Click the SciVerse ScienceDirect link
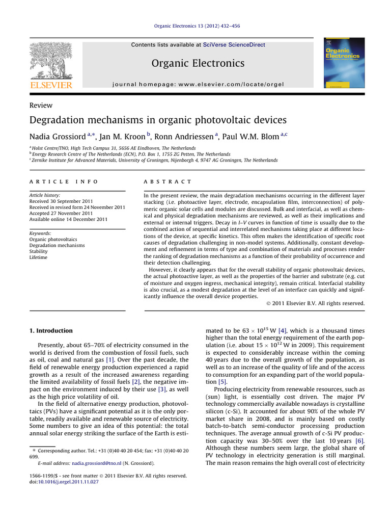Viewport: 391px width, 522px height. [234, 45]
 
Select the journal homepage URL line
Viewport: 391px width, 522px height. [198, 84]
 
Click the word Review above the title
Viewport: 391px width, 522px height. [41, 105]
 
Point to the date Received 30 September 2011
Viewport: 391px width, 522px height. [63, 201]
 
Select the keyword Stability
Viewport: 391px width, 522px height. [38, 251]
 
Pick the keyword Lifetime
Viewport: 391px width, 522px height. [39, 258]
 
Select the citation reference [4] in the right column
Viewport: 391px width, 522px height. [284, 331]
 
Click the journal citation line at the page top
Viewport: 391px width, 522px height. [195, 29]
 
